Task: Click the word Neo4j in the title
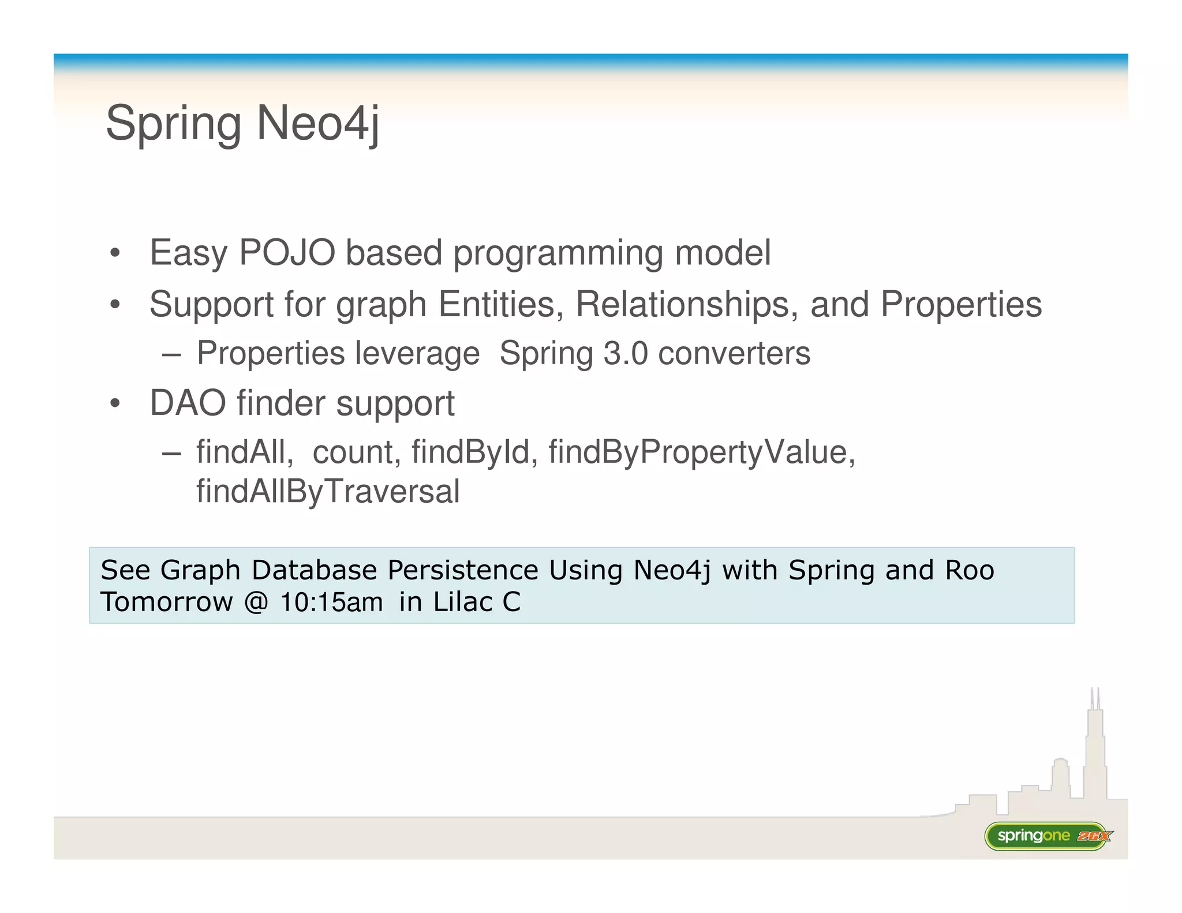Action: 318,123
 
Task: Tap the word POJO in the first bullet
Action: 287,253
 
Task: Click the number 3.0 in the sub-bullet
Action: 626,353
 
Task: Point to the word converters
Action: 734,353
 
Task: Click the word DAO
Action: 188,403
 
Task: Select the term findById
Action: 470,452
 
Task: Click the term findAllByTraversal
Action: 328,492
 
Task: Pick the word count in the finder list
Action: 353,452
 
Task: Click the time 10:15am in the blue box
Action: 331,603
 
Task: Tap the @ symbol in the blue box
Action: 256,603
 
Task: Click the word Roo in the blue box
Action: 970,570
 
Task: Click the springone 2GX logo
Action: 1048,836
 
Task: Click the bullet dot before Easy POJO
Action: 115,254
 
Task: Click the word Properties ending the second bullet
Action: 961,304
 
